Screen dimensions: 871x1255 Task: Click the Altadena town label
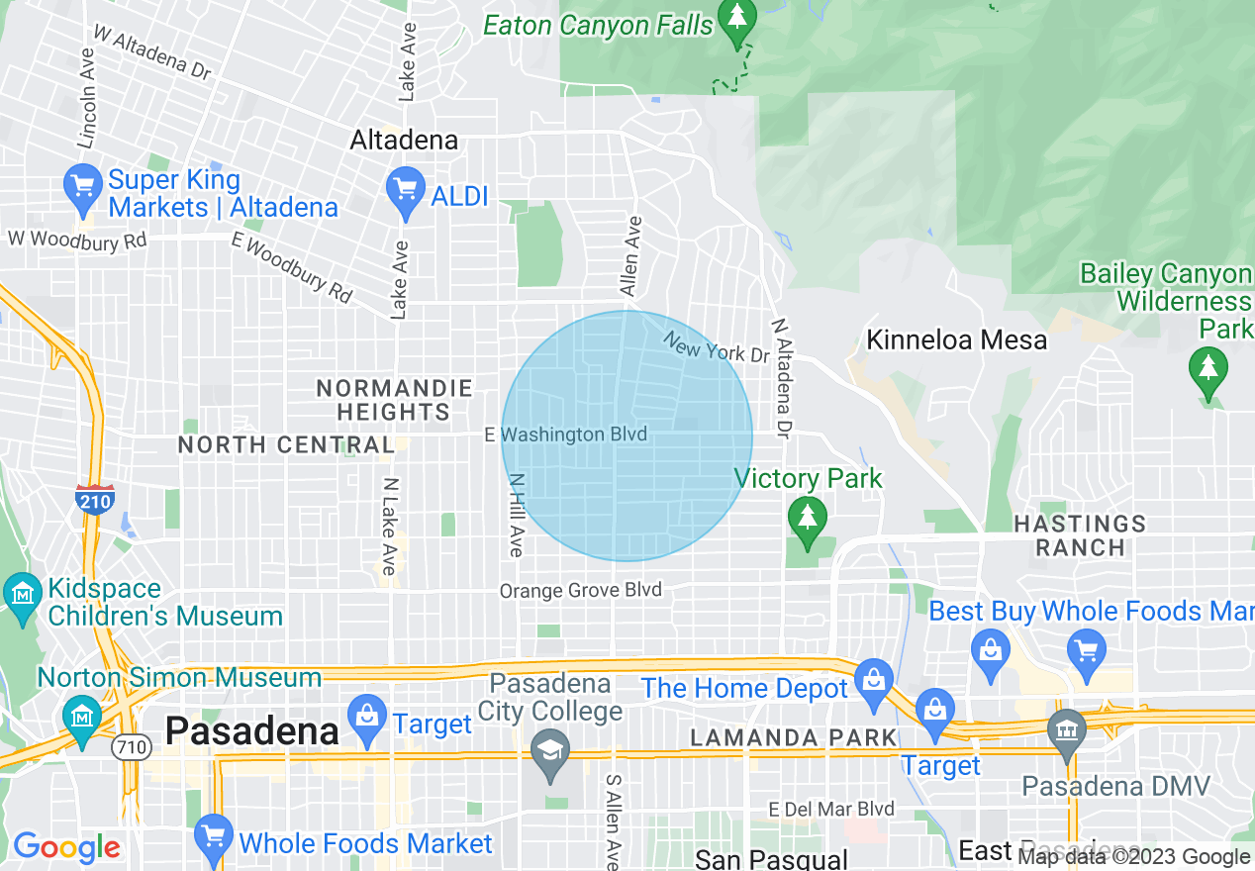click(404, 141)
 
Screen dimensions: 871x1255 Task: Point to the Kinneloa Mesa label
click(956, 340)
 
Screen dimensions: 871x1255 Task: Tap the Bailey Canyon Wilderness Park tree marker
click(1207, 370)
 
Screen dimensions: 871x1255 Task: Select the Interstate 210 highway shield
click(95, 499)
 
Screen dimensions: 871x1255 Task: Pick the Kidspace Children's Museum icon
click(22, 594)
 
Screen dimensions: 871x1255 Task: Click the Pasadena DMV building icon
click(1067, 732)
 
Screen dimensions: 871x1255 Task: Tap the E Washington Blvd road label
click(565, 435)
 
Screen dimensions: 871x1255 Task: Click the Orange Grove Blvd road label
click(580, 591)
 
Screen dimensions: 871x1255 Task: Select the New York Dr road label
click(715, 346)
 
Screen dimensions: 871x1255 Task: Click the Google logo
click(66, 847)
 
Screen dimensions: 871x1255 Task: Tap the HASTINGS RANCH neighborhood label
click(1080, 534)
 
